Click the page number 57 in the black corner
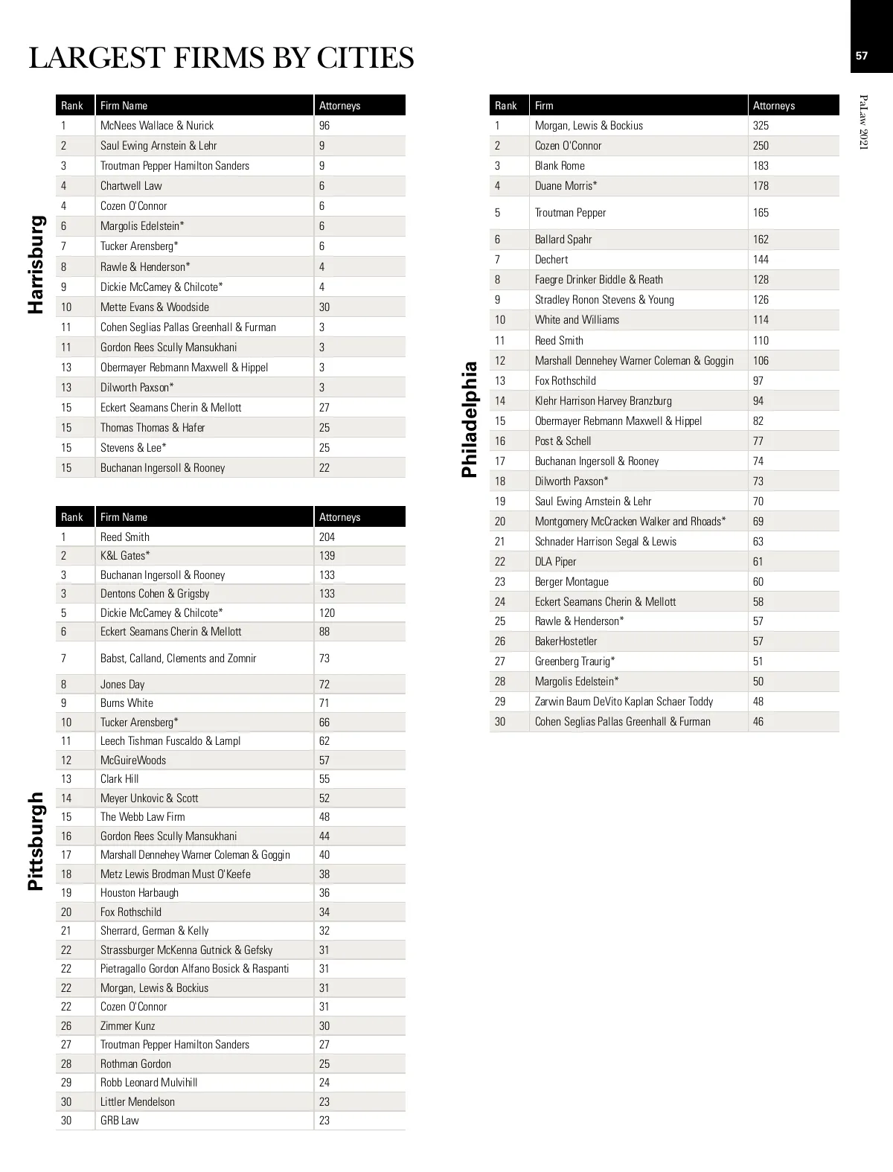point(862,55)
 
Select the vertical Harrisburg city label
point(36,264)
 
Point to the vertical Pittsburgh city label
point(36,841)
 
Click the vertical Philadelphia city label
point(470,419)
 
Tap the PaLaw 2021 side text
point(863,122)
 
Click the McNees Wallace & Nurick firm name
point(157,126)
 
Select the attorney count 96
point(324,126)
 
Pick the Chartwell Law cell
point(131,186)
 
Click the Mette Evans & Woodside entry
point(155,307)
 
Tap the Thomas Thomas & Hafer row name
point(153,428)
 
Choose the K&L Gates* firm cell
point(125,556)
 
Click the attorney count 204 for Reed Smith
point(327,537)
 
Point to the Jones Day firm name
point(123,685)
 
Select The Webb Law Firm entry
point(143,817)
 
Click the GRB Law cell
point(120,1121)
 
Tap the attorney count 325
point(761,126)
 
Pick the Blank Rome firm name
point(560,166)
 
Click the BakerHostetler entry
point(566,641)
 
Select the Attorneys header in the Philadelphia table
point(774,106)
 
